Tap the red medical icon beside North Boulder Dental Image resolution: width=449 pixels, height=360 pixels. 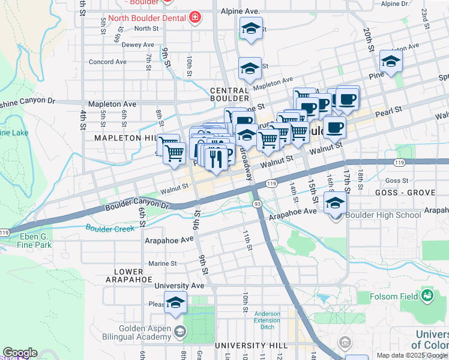tap(194, 18)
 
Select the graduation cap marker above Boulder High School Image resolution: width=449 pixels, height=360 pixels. tap(336, 203)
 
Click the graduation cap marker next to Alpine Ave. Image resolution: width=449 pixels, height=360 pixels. tap(252, 28)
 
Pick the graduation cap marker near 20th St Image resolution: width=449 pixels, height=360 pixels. tap(391, 61)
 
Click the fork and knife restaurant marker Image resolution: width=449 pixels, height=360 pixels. tap(215, 159)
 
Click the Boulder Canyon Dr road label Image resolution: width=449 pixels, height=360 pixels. tap(137, 205)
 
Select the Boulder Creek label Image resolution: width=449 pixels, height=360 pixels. tap(110, 229)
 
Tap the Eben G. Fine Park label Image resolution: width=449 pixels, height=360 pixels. tap(34, 240)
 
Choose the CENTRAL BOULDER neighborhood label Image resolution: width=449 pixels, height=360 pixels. tap(229, 94)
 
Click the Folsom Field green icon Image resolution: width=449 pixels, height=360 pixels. tap(427, 295)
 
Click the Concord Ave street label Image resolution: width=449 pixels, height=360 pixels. tap(107, 62)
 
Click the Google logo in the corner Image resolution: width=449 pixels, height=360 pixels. tap(20, 353)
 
